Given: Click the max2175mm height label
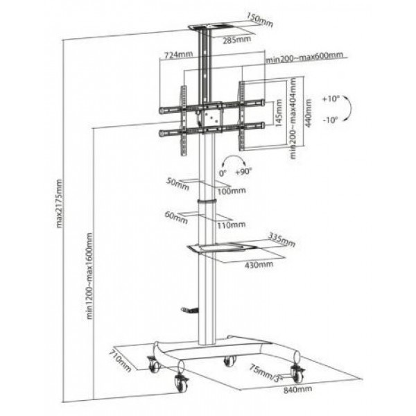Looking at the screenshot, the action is (x=59, y=204).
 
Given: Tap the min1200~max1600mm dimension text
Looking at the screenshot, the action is (x=89, y=276).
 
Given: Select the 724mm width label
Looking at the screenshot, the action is (x=179, y=55).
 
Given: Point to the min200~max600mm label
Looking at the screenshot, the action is (x=304, y=57).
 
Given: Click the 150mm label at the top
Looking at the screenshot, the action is (x=260, y=20).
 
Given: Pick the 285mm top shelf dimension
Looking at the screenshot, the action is (x=236, y=40).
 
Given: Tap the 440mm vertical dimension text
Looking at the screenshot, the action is (x=309, y=113).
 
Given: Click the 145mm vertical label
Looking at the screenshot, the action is (x=279, y=113).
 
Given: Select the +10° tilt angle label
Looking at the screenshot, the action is (x=331, y=99).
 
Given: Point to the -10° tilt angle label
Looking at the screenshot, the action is (x=331, y=120).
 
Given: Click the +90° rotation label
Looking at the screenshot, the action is (x=243, y=172).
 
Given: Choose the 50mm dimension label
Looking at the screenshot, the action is (x=177, y=184).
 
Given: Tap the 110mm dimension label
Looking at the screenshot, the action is (x=232, y=225).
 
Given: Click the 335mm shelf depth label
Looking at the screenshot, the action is (x=282, y=239).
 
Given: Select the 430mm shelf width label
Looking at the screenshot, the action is (x=259, y=265).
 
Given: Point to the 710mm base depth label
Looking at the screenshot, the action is (x=120, y=361).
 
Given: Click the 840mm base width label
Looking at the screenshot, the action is (x=297, y=390).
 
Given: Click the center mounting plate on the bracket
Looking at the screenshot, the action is (x=213, y=117).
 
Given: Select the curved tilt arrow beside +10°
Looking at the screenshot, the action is (x=350, y=108).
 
